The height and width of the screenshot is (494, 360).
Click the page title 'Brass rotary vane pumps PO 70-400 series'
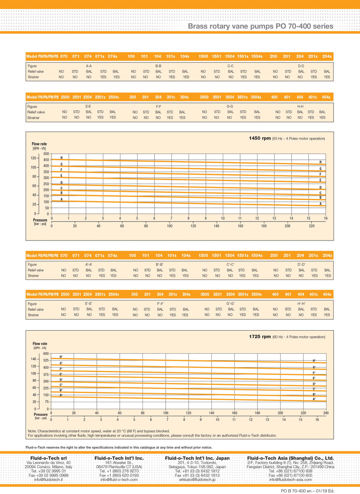click(x=260, y=26)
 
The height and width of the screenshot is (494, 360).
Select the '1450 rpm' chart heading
click(x=260, y=138)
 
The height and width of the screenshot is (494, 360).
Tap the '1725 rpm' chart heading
click(x=260, y=336)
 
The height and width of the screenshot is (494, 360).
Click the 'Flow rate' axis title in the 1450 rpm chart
click(x=39, y=144)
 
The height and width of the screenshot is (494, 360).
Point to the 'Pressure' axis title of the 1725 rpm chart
click(x=41, y=415)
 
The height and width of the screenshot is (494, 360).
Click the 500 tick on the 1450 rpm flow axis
click(x=46, y=154)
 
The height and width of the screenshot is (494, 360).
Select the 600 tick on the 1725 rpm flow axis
click(x=46, y=354)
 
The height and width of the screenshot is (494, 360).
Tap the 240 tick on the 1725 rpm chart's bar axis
click(x=326, y=412)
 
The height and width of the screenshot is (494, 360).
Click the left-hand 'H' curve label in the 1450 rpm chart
click(x=61, y=158)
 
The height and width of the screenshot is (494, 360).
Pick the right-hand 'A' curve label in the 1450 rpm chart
click(x=320, y=204)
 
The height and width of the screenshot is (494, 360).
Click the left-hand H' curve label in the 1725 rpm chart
click(x=61, y=357)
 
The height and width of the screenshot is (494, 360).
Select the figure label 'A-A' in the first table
click(x=89, y=66)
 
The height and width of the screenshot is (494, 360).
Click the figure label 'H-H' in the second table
click(x=301, y=106)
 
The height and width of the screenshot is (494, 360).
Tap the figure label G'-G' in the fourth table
click(x=230, y=303)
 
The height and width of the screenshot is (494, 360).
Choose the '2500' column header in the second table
click(x=65, y=97)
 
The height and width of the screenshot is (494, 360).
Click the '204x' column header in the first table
click(x=327, y=56)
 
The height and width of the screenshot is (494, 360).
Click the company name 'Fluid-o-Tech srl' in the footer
click(x=49, y=458)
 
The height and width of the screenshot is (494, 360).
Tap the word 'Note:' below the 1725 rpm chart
click(x=33, y=431)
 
